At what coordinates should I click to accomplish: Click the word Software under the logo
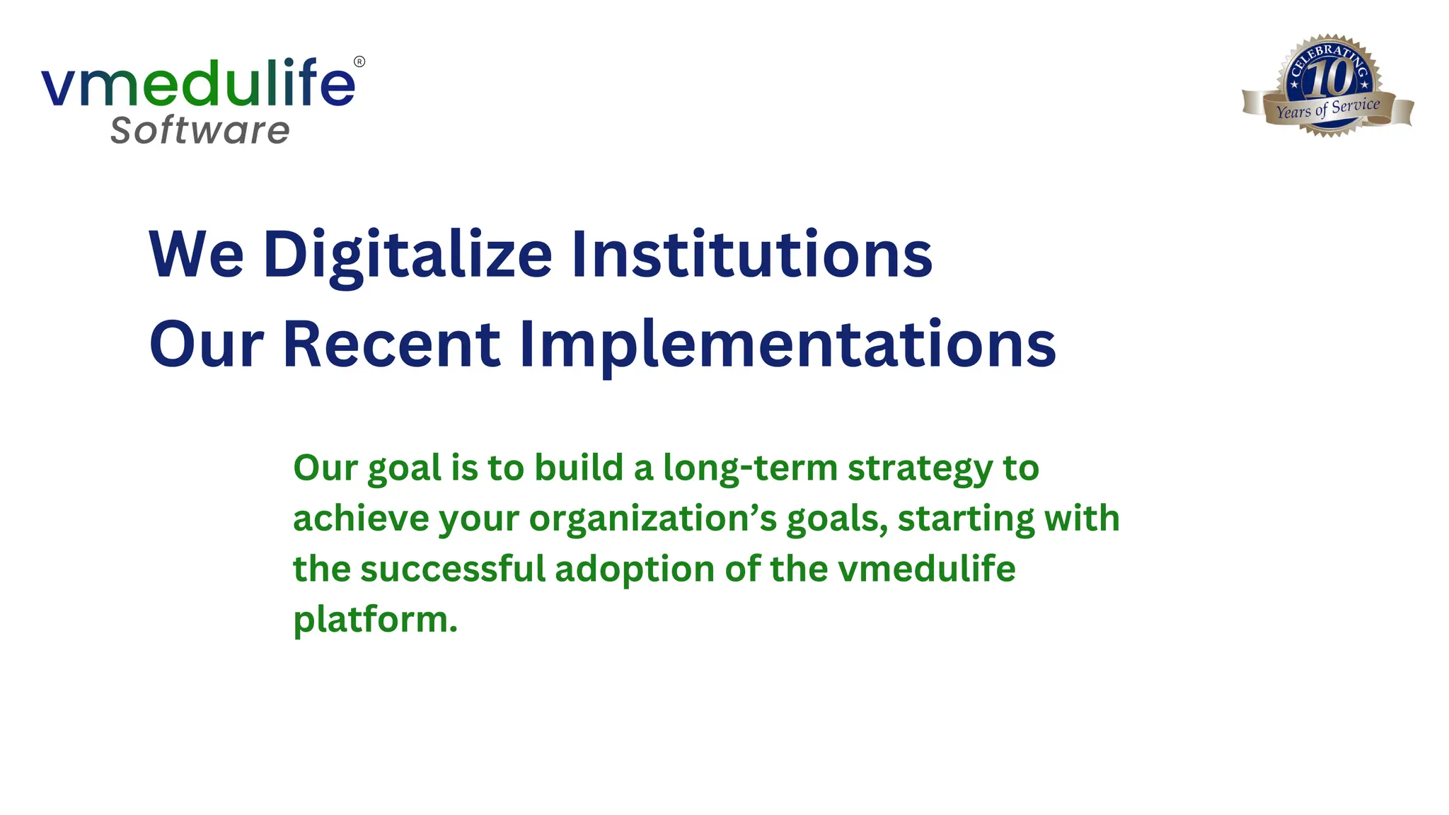coord(200,131)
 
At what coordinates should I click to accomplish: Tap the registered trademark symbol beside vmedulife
coord(359,62)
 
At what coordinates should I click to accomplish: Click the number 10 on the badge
coord(1330,78)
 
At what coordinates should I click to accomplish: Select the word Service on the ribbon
coord(1356,106)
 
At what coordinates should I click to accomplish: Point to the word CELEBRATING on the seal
coord(1328,57)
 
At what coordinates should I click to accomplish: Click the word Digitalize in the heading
coord(408,255)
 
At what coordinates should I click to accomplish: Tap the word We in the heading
coord(197,255)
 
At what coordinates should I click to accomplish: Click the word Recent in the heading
coord(392,345)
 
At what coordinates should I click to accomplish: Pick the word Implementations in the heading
coord(787,345)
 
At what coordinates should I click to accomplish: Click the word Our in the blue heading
coord(207,345)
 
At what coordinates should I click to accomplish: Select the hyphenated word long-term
coord(750,468)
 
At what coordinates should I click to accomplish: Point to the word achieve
coord(361,519)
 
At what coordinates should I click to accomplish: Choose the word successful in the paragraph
coord(453,570)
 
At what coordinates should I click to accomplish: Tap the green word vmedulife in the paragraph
coord(927,569)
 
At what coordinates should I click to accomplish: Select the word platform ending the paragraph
coord(371,620)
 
